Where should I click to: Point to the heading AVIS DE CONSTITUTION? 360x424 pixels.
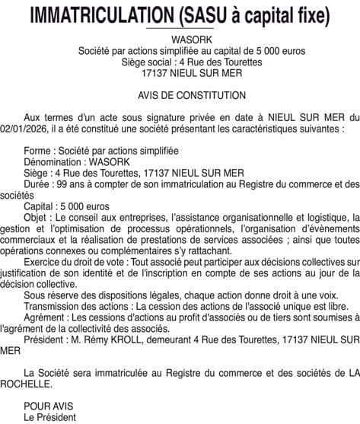pyautogui.click(x=180, y=95)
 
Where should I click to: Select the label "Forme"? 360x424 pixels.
pyautogui.click(x=39, y=151)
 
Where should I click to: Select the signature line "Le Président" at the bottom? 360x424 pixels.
pyautogui.click(x=50, y=417)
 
